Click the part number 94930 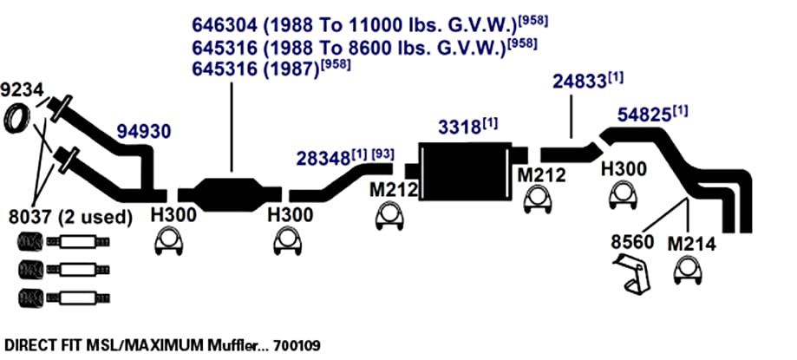(x=144, y=132)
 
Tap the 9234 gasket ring (x=16, y=118)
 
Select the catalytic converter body (x=229, y=193)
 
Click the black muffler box (x=465, y=172)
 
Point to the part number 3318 (x=460, y=128)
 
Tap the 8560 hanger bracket (x=632, y=275)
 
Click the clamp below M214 (x=688, y=270)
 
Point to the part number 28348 (x=323, y=158)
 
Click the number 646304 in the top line (x=224, y=24)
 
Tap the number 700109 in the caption (x=297, y=346)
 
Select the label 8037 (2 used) (x=70, y=217)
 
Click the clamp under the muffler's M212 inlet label (x=389, y=217)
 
